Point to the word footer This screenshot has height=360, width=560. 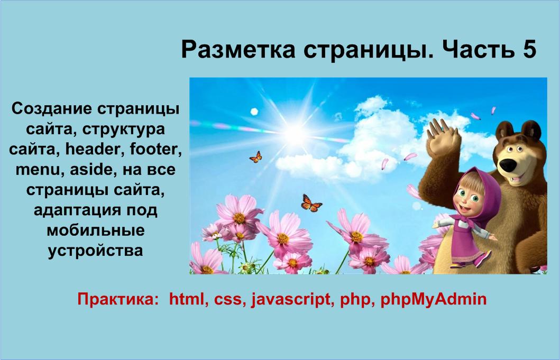tap(153, 149)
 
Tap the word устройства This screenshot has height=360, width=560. tap(96, 250)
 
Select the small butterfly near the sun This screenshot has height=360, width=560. tap(256, 156)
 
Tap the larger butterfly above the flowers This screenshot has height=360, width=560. tap(311, 203)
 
